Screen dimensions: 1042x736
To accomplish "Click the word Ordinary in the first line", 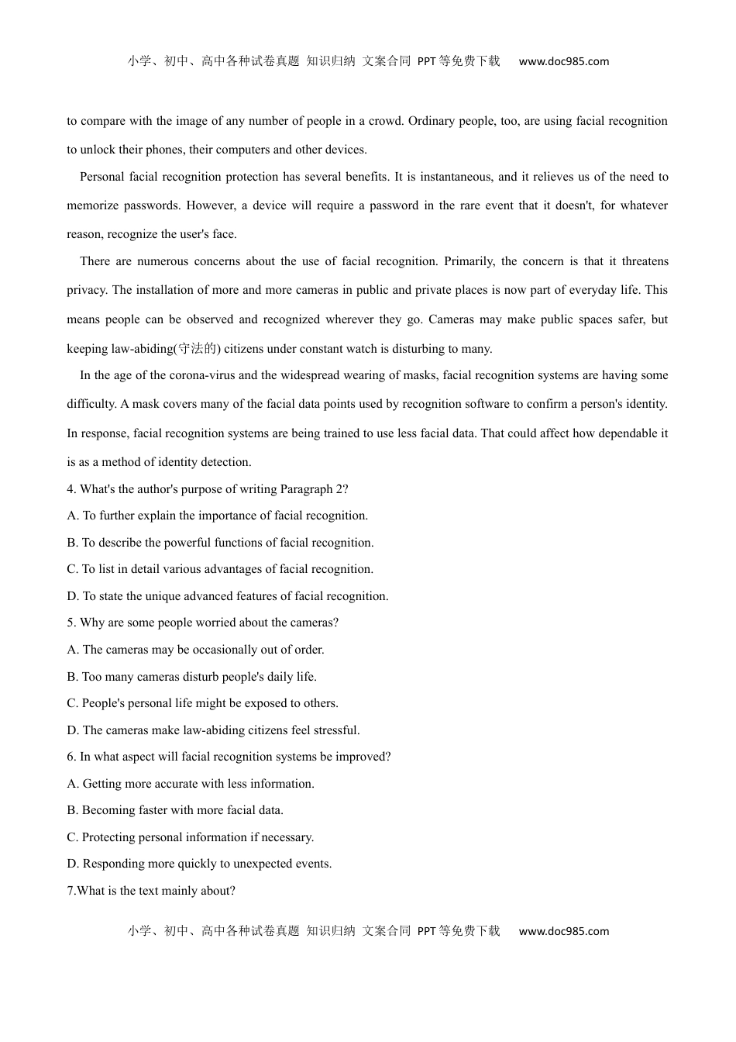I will [x=430, y=121].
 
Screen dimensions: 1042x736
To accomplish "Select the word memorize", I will [x=91, y=205].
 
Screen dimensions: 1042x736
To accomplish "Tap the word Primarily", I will [x=469, y=261].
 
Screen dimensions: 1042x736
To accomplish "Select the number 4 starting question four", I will [x=71, y=489].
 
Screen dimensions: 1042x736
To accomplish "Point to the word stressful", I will [x=335, y=730].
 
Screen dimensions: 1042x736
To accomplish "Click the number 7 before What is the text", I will [x=71, y=891].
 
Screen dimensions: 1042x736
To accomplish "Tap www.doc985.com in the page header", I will [x=563, y=61].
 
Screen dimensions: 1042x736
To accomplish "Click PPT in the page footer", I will [x=426, y=931].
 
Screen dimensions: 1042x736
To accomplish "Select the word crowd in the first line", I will [x=385, y=121].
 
